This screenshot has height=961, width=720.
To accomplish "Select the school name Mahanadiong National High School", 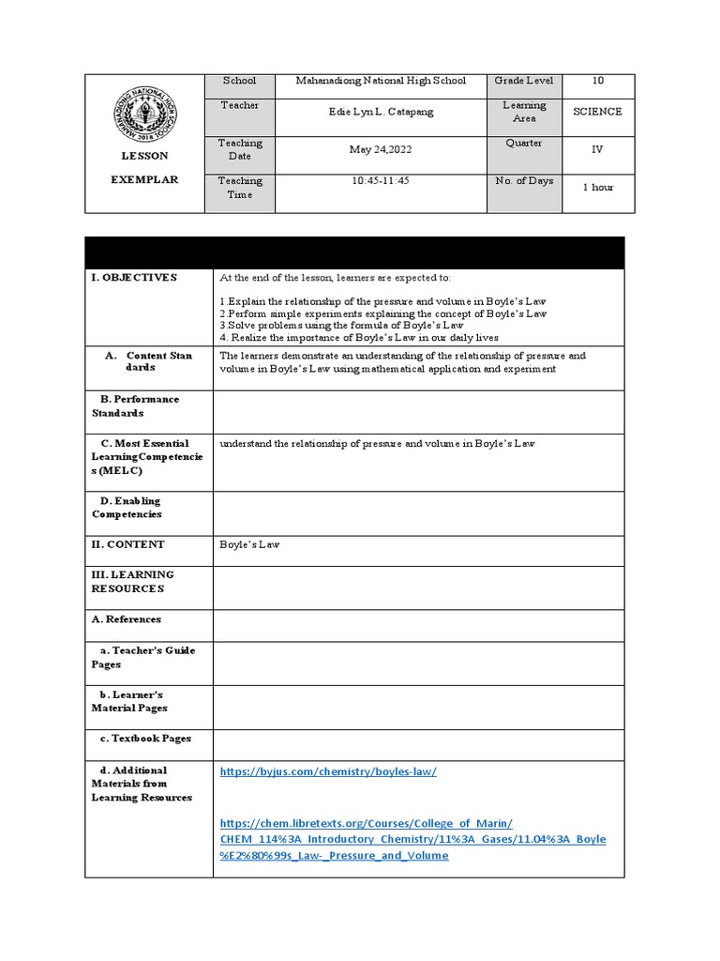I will point(381,82).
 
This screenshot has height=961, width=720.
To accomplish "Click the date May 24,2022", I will point(375,150).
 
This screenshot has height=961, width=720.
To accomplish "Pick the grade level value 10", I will point(598,82).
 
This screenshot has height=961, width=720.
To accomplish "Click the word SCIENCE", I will point(597,112).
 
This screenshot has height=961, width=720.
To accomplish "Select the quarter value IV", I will point(597,149).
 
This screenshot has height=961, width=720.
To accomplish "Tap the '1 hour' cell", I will point(597,188).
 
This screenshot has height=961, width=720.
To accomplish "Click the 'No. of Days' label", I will point(524,181).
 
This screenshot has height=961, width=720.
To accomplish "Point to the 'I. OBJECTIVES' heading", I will point(134,278).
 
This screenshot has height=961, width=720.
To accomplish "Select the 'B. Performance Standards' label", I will point(135,405).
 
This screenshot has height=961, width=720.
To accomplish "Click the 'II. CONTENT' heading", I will point(128,544).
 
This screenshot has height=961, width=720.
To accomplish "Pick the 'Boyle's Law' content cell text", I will point(249,544).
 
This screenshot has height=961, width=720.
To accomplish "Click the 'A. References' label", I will point(127,619).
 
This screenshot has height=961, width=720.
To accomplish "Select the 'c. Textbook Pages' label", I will point(144,739).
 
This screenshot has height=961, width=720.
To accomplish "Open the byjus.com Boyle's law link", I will point(328,771).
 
